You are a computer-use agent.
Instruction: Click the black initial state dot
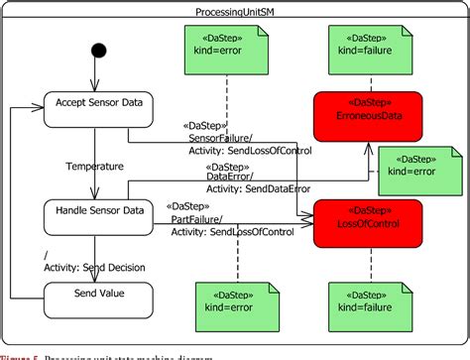97,51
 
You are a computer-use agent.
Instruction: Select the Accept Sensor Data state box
97,109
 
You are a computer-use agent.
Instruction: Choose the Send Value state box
97,295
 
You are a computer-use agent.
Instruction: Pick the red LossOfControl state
368,222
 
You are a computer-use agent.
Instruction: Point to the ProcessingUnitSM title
235,9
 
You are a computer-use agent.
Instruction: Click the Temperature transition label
95,166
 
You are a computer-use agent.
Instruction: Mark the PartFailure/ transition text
197,219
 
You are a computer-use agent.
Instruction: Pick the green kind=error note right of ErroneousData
415,164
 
